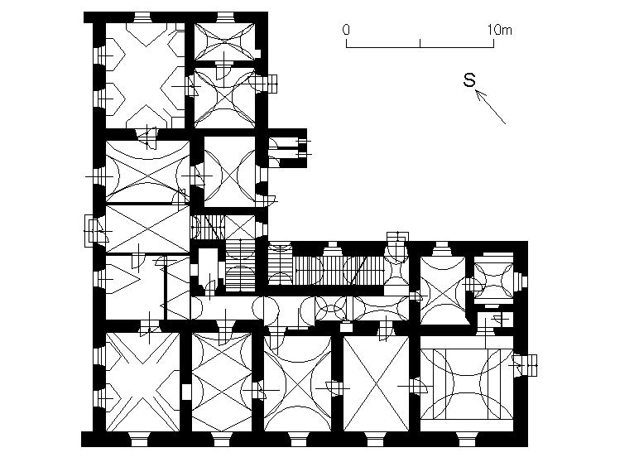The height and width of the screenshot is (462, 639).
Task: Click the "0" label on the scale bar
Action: click(346, 30)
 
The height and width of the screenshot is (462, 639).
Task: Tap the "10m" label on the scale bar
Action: click(500, 30)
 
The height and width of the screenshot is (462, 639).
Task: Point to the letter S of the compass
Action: click(469, 80)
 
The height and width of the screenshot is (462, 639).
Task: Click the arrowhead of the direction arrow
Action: click(480, 95)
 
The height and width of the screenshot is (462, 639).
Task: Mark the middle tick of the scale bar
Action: click(420, 43)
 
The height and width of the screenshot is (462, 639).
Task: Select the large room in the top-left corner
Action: click(145, 76)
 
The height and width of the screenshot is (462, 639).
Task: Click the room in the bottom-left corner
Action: click(142, 382)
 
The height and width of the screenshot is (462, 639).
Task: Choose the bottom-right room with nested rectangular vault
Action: click(467, 383)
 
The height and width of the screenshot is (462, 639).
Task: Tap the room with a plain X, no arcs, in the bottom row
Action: click(376, 383)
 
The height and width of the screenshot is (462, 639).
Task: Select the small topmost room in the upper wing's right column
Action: click(224, 41)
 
